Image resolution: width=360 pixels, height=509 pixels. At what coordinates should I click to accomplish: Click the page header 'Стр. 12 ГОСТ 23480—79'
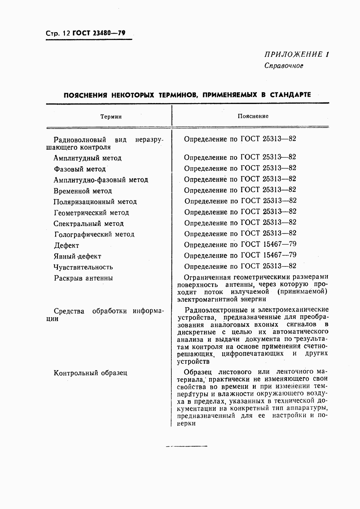tap(86, 33)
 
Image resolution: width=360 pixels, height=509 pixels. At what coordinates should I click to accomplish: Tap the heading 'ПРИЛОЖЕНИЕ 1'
tap(296, 55)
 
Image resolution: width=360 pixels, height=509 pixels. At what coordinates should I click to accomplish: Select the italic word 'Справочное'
tap(284, 65)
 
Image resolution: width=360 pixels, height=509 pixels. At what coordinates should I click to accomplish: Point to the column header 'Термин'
tap(111, 117)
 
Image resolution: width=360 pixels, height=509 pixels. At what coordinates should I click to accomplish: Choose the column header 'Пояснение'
tap(253, 116)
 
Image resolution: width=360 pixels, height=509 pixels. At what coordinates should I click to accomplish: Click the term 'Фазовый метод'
tap(80, 169)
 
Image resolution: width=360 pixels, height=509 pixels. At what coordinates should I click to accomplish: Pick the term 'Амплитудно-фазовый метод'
tap(101, 180)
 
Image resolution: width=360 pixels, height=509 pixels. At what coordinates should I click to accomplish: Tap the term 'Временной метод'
tap(83, 191)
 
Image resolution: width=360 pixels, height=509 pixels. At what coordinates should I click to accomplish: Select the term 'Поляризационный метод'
tap(95, 202)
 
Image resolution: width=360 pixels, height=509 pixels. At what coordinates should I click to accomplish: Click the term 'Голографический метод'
tap(94, 234)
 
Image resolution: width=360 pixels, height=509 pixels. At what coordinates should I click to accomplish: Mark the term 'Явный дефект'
tap(77, 256)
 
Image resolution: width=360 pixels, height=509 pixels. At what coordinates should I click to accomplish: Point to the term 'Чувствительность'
tap(83, 267)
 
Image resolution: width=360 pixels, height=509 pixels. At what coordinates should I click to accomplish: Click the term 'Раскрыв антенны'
tap(83, 278)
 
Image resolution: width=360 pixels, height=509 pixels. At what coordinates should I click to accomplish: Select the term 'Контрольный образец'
tap(90, 373)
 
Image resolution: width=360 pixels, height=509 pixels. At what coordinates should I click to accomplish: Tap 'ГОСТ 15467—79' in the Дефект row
tap(268, 244)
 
